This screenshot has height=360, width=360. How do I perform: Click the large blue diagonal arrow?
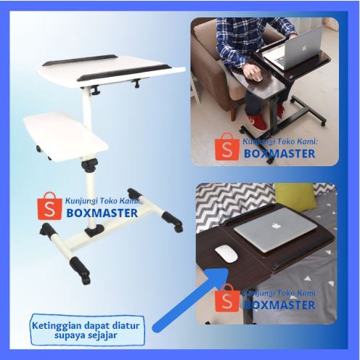191,300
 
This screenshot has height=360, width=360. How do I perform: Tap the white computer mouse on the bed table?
226,254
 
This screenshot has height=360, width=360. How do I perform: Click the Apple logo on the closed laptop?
274,226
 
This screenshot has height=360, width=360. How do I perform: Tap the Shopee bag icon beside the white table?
49,206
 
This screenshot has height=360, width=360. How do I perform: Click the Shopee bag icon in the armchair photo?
227,147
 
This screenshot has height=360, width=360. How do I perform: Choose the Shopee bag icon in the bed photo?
227,298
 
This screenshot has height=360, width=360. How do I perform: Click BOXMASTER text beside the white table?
102,213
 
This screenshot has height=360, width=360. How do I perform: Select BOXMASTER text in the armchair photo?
279,154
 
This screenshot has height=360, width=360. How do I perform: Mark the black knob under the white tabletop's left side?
95,91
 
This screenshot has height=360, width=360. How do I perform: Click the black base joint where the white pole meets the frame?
94,230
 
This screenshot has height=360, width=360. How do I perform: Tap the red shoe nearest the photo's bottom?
257,123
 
